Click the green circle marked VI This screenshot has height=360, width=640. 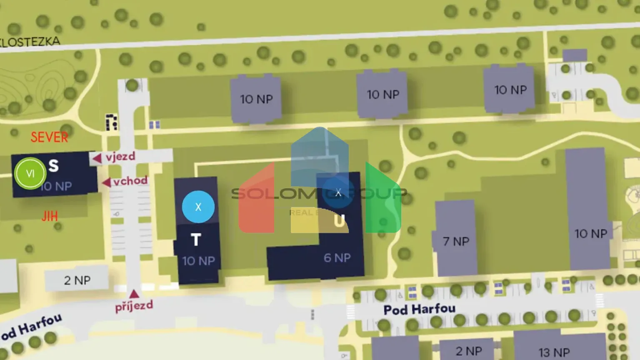[x=30, y=173]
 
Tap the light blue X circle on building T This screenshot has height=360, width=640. [x=198, y=207]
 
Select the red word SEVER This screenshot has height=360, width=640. [x=49, y=137]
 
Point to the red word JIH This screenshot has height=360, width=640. [x=49, y=216]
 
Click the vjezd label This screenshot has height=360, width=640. [x=120, y=157]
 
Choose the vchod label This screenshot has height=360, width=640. [x=130, y=181]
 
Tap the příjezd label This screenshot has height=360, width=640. [x=134, y=306]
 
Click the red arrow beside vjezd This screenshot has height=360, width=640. [x=97, y=158]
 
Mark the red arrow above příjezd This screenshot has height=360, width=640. [x=134, y=294]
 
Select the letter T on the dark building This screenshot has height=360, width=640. [x=196, y=240]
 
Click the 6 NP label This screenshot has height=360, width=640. [x=337, y=258]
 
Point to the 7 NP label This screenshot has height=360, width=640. [x=456, y=241]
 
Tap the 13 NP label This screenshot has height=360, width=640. [x=554, y=352]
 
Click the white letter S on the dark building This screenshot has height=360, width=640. [x=53, y=165]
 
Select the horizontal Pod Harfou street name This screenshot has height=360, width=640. [x=419, y=310]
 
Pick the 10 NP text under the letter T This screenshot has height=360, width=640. [x=198, y=261]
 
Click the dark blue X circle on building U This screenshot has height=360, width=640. [x=338, y=192]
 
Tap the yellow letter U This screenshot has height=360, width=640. [x=340, y=221]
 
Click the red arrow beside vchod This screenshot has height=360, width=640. [x=107, y=182]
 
